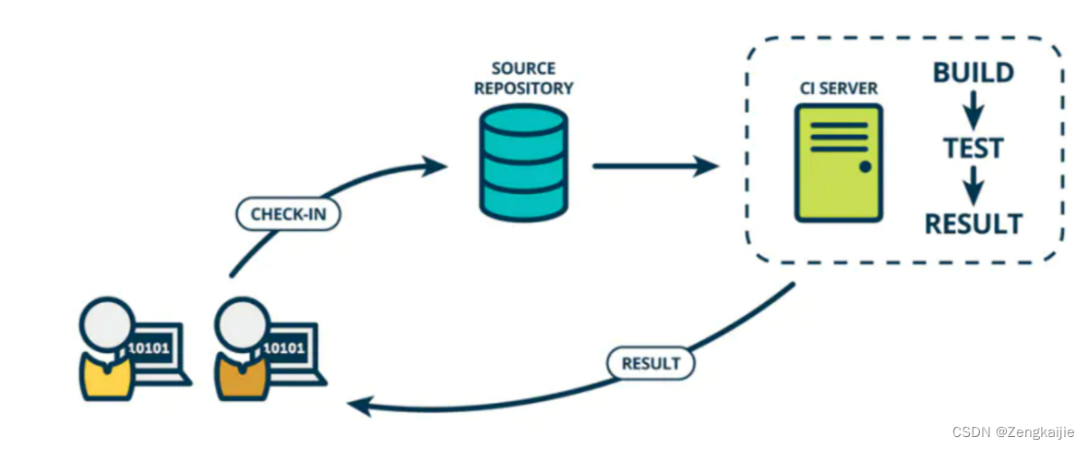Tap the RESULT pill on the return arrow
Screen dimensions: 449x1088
(651, 363)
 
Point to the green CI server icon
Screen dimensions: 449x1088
(838, 163)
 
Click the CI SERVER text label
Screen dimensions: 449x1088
(838, 90)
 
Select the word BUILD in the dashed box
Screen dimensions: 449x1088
(973, 73)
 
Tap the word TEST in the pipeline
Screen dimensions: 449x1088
(973, 148)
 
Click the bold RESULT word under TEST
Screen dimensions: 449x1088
(973, 224)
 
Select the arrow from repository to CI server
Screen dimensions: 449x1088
(655, 166)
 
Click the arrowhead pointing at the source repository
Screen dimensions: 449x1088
(436, 167)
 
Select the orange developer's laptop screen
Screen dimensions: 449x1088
(289, 348)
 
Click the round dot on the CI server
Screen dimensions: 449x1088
(865, 167)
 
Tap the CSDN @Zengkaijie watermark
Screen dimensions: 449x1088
(1013, 431)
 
